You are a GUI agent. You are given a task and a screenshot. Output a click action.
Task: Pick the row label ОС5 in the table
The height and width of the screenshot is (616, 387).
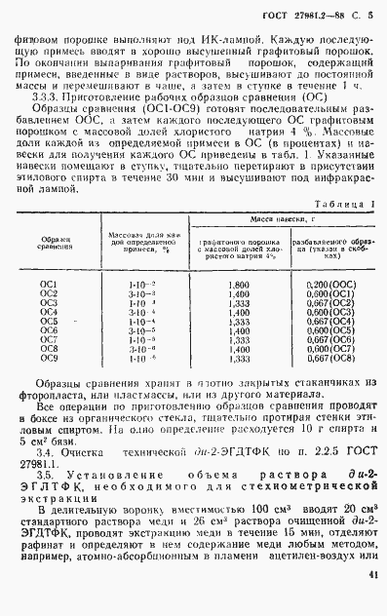[x=49, y=321]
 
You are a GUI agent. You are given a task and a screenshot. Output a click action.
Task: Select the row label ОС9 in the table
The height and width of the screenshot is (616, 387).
[x=49, y=359]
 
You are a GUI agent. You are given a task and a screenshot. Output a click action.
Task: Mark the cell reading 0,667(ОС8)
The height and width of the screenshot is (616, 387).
[x=330, y=359]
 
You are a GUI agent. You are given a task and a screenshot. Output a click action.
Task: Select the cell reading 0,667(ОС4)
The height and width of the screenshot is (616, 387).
[x=330, y=321]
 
